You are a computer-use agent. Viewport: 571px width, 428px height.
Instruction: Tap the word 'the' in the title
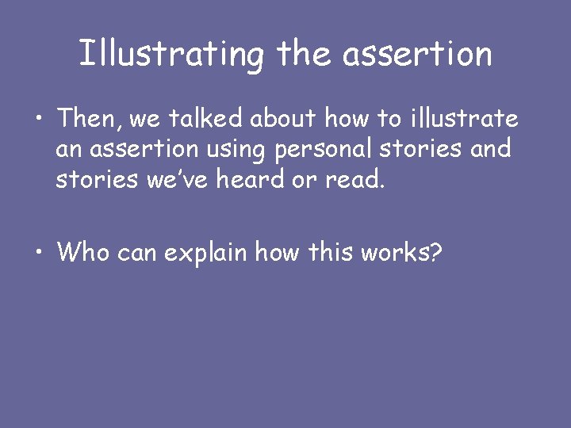point(303,54)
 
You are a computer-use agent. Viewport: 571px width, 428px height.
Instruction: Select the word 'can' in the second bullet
point(139,253)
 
